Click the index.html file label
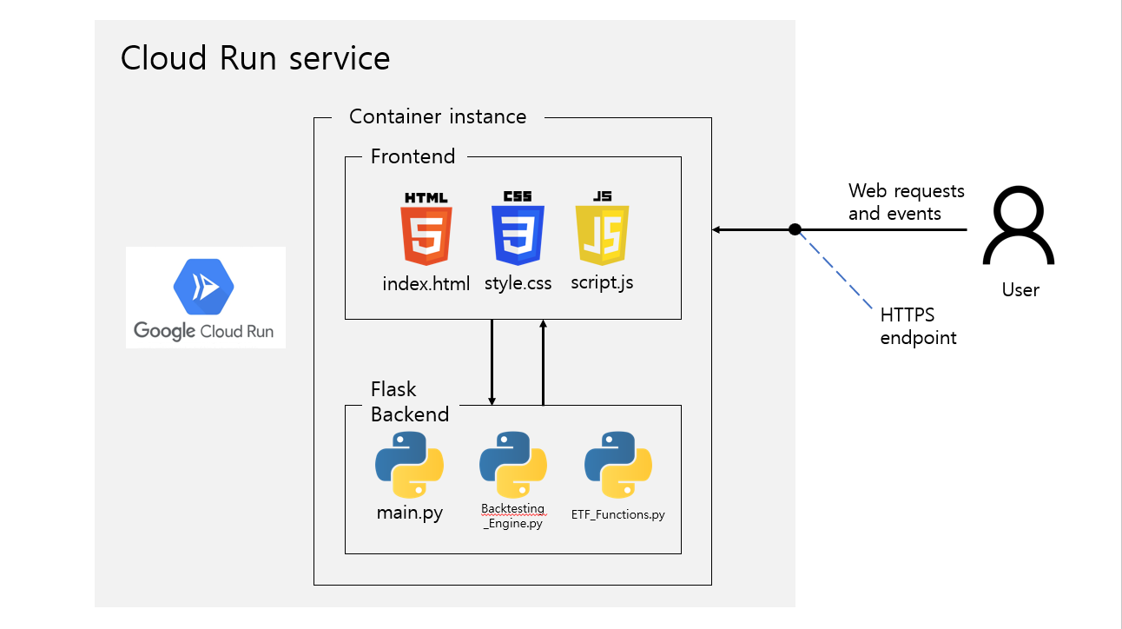426,284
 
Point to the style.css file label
518,284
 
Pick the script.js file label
602,283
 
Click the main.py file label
409,513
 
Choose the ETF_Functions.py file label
618,514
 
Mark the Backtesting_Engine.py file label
513,515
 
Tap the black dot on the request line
795,229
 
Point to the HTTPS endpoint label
918,326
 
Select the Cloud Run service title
255,58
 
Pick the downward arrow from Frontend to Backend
492,361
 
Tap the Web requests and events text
906,202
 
